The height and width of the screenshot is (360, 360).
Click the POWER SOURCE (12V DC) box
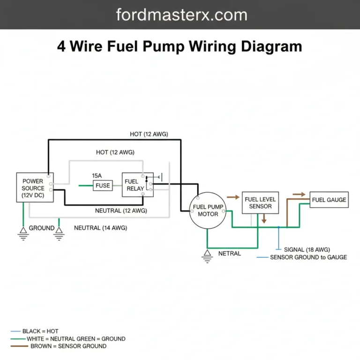click(x=32, y=188)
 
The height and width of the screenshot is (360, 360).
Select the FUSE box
click(x=102, y=186)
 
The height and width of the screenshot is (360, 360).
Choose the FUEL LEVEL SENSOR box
click(x=260, y=202)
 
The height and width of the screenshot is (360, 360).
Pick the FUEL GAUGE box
click(x=329, y=200)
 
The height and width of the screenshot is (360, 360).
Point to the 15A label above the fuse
click(x=97, y=175)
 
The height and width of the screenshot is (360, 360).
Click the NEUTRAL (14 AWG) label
click(x=100, y=228)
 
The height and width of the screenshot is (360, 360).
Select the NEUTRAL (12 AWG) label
click(x=121, y=210)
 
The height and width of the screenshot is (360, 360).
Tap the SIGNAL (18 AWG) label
click(x=307, y=249)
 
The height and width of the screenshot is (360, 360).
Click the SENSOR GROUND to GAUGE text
click(x=308, y=257)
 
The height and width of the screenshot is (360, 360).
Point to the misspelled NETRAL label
click(x=230, y=254)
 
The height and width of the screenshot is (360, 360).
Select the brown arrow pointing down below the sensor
click(x=264, y=218)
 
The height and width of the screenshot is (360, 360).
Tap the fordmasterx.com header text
click(x=181, y=15)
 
